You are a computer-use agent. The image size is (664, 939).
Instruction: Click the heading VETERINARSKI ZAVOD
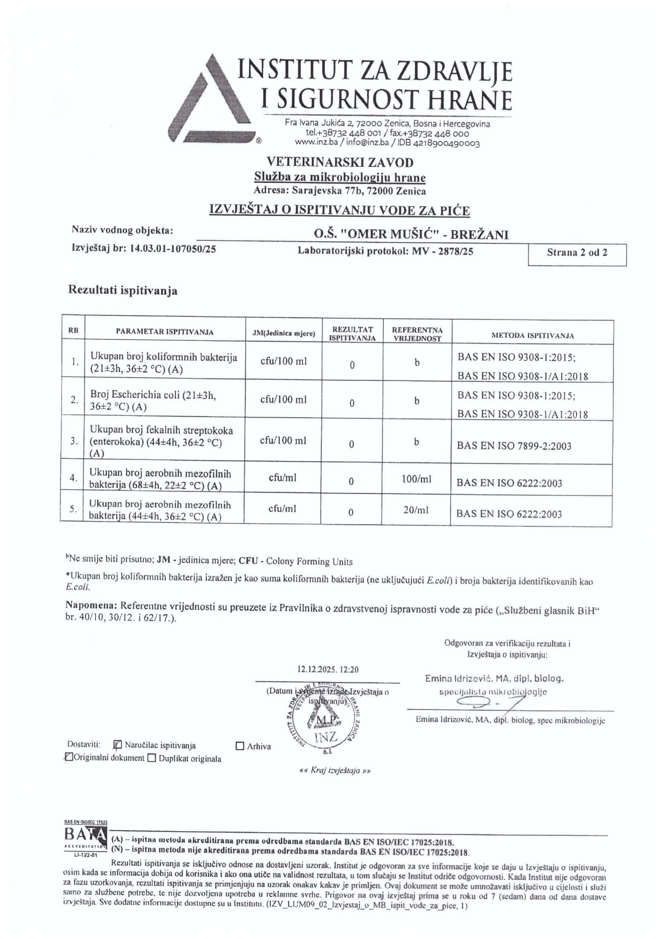point(340,162)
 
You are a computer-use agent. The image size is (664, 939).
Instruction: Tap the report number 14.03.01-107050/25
point(173,248)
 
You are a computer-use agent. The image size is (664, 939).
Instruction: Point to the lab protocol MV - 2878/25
point(442,251)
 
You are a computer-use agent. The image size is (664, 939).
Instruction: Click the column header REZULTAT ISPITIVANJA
point(352,334)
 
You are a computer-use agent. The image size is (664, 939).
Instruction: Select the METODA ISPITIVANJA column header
point(532,336)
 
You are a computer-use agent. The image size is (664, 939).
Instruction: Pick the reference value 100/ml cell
point(417,479)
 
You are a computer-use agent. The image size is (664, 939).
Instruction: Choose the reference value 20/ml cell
point(416,510)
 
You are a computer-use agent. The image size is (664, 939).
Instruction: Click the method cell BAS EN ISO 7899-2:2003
point(514,446)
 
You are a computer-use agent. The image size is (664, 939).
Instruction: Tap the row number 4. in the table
point(73,477)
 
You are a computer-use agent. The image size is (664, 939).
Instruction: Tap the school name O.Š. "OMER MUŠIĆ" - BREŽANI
point(411,234)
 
